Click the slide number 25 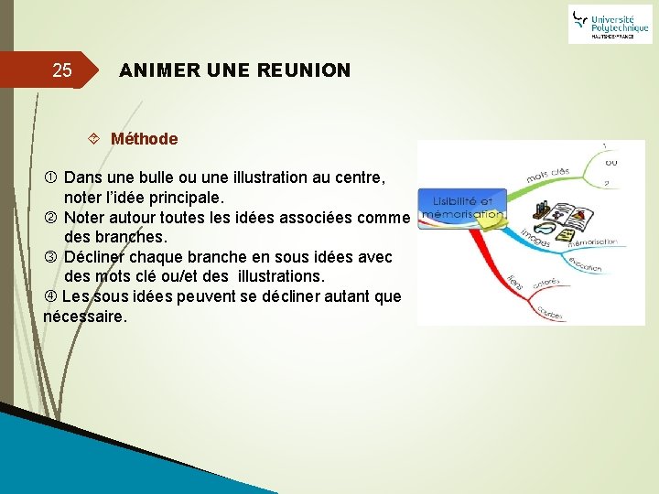click(x=61, y=70)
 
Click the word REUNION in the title click(x=303, y=70)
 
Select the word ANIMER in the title click(x=157, y=70)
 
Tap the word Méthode click(x=144, y=139)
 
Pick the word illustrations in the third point click(x=276, y=276)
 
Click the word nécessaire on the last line click(x=84, y=317)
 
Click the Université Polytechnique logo click(x=609, y=24)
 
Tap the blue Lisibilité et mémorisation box click(x=461, y=209)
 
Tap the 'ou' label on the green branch click(x=610, y=163)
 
